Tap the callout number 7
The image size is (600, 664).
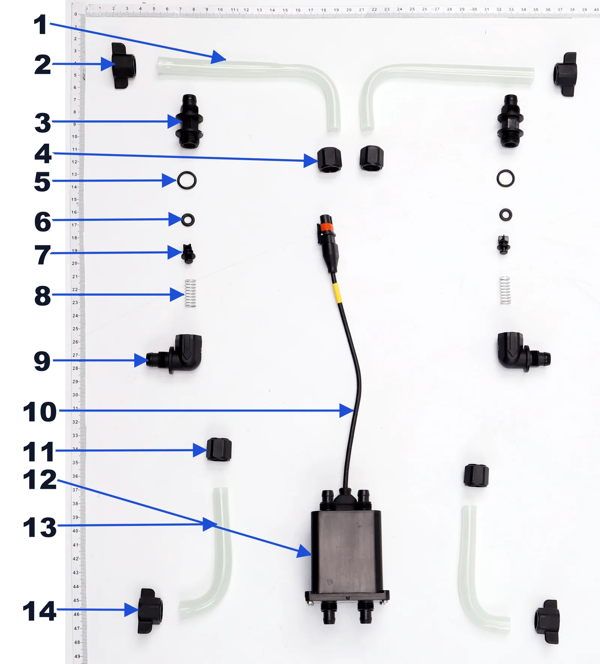(x=42, y=255)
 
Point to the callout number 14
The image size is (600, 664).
(x=40, y=611)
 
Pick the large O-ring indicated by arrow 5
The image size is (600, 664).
(x=187, y=180)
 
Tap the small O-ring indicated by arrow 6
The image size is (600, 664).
(x=187, y=220)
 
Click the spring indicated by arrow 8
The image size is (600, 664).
(x=190, y=293)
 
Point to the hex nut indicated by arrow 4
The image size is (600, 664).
(x=330, y=160)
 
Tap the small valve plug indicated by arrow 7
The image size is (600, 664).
(x=188, y=254)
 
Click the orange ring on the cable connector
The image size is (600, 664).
(x=326, y=227)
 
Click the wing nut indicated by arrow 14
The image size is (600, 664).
(x=150, y=611)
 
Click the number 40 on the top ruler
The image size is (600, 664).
(x=596, y=10)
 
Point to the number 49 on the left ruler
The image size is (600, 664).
(x=77, y=656)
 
